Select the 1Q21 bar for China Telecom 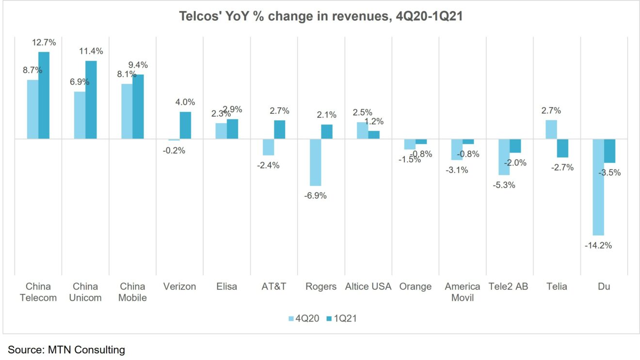[x=44, y=95]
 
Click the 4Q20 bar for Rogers [x=316, y=162]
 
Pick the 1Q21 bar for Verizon [x=186, y=125]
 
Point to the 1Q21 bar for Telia [x=562, y=148]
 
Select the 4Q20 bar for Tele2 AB [x=504, y=157]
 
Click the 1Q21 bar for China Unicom [x=91, y=100]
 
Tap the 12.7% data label [x=44, y=43]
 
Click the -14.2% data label [x=598, y=245]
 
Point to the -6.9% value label [x=315, y=196]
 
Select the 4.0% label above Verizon [x=185, y=102]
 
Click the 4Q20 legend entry [x=304, y=318]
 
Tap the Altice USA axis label [x=368, y=286]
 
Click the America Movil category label [x=462, y=292]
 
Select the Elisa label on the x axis [x=226, y=286]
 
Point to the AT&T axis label [x=273, y=286]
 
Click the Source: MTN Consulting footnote [x=66, y=349]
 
